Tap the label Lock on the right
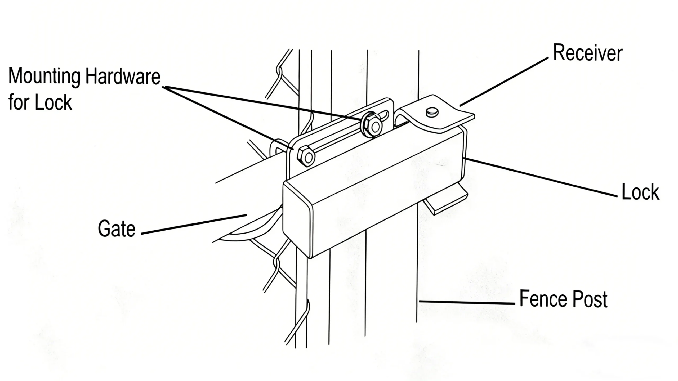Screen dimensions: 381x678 (640, 192)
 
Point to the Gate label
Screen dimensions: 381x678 (117, 228)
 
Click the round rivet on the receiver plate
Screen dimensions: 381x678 (432, 112)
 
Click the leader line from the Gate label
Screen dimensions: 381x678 (193, 224)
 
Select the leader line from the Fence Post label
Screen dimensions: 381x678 (466, 302)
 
